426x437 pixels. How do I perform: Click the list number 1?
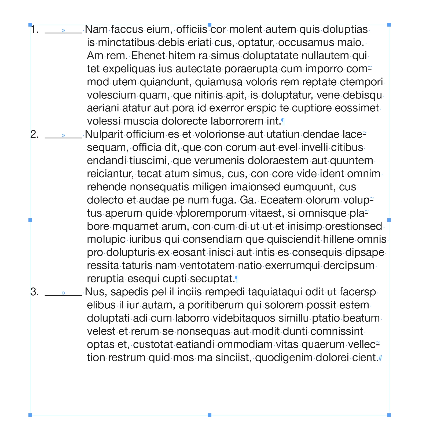(x=35, y=29)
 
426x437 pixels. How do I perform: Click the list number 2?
(x=35, y=134)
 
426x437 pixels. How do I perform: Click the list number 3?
(x=35, y=292)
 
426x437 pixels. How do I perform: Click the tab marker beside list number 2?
(x=63, y=135)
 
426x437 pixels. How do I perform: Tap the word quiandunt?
(x=166, y=82)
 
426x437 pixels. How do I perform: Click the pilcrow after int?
(x=283, y=122)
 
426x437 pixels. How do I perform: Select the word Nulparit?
(x=104, y=134)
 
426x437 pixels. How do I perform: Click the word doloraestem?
(x=278, y=161)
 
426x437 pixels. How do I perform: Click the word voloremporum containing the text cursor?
(x=211, y=213)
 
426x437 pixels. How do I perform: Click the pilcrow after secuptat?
(x=237, y=279)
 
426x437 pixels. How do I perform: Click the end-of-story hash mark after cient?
(x=380, y=358)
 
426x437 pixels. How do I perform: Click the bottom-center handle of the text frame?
(x=210, y=415)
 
